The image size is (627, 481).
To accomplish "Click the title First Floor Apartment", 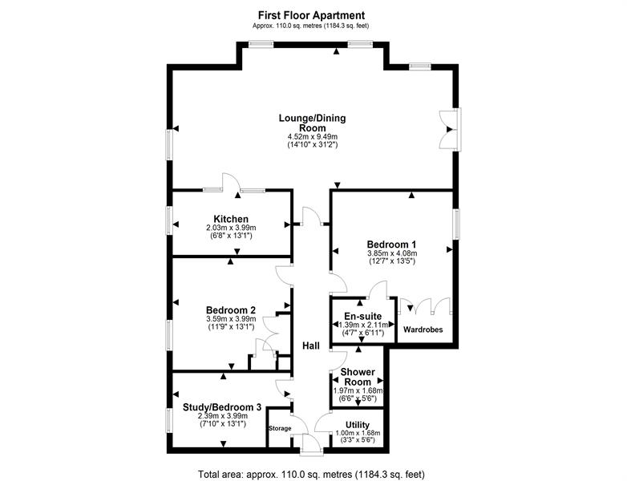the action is pos(311,15).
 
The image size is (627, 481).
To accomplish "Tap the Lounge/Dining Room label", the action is pos(313,123).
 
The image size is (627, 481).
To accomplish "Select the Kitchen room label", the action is pos(231,219).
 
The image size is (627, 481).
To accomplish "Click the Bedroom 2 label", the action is pos(231,310).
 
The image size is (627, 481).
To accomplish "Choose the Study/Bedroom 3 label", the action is pos(222,407).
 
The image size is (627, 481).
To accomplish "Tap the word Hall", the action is pos(311,346).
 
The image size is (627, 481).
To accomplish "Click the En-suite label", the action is pos(362,317).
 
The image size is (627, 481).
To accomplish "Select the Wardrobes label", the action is pos(423,329).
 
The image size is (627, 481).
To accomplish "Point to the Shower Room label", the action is pos(358,377).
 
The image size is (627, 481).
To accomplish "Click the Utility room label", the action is pos(358,425).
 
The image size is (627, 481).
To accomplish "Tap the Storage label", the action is pos(280,428).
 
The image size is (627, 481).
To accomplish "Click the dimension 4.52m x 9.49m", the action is pos(313,137).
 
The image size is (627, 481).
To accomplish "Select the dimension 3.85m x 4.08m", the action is pos(392,253).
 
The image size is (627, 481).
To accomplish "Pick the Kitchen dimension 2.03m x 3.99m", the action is pos(231,228).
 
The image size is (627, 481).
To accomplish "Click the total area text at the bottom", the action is pos(311,475).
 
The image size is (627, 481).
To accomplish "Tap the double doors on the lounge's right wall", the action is pos(451,130).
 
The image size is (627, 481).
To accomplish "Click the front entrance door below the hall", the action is pos(312,444).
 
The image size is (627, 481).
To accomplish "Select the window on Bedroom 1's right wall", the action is pos(456,224).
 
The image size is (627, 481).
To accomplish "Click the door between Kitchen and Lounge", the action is pos(231,183).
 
